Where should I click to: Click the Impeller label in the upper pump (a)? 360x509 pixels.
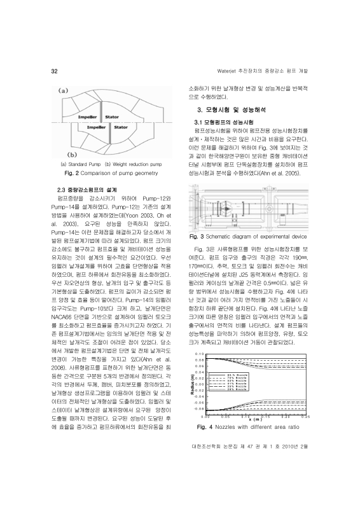[x=87, y=117]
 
